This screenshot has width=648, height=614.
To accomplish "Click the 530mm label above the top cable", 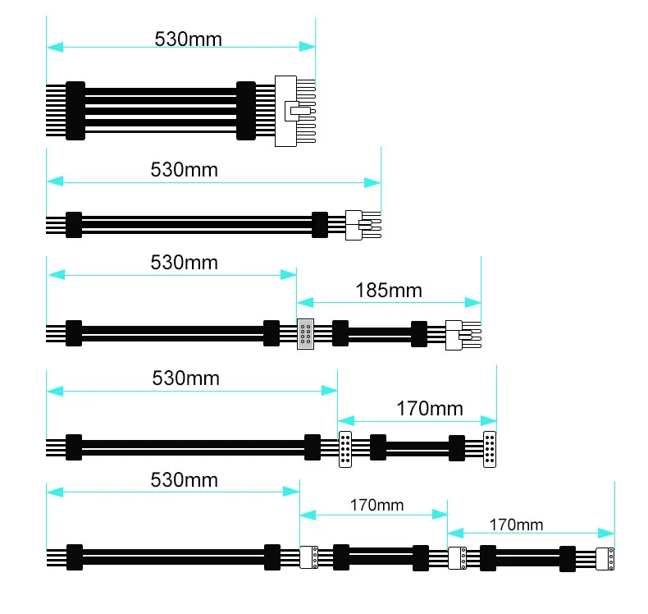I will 188,39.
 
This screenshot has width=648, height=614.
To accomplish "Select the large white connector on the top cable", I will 285,111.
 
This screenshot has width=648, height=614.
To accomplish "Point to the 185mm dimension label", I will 388,290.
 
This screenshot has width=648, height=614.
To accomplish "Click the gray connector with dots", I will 305,333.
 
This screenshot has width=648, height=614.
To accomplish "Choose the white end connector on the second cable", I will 355,224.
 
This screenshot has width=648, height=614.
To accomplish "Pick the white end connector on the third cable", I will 455,334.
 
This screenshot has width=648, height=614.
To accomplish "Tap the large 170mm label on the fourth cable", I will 429,407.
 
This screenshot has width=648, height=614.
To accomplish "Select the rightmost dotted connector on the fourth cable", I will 490,448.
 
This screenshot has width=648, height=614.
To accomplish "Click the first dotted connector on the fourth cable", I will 345,448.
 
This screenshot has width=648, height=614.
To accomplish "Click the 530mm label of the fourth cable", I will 185,378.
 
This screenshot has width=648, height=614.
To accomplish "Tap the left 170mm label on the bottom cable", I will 376,506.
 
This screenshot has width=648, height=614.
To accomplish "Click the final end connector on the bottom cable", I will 605,558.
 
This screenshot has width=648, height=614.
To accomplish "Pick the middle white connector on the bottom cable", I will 457,558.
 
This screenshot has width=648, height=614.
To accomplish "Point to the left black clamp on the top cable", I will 75,111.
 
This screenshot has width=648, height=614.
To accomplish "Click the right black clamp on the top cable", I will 246,111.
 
